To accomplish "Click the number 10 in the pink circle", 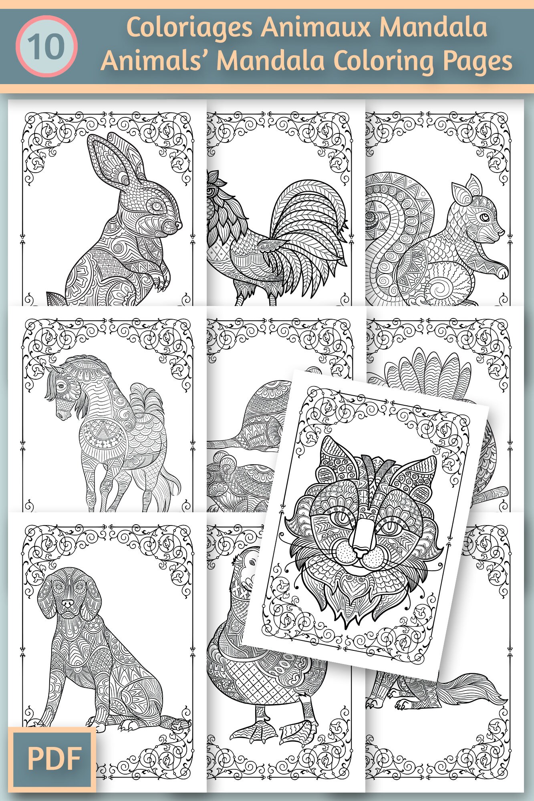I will [46, 46].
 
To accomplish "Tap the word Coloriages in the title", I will [189, 28].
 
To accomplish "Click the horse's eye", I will [60, 386].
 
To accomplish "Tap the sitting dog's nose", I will [68, 603].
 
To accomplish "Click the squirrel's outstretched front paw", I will [502, 273].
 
